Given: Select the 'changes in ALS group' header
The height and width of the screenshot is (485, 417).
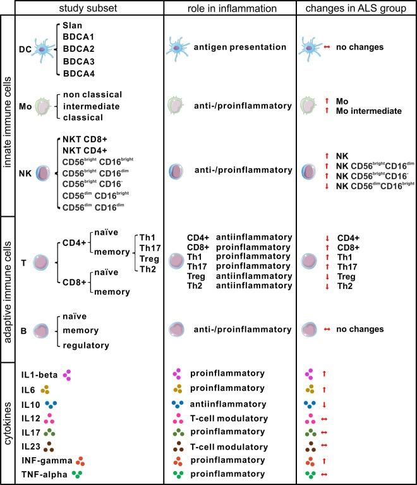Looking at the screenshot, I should point(356,8).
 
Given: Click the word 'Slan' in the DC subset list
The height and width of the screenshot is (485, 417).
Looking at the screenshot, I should point(73,24).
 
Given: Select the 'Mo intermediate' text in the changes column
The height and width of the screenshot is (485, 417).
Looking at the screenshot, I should point(369,111).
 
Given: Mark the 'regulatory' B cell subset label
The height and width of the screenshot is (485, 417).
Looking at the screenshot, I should point(87,345).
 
